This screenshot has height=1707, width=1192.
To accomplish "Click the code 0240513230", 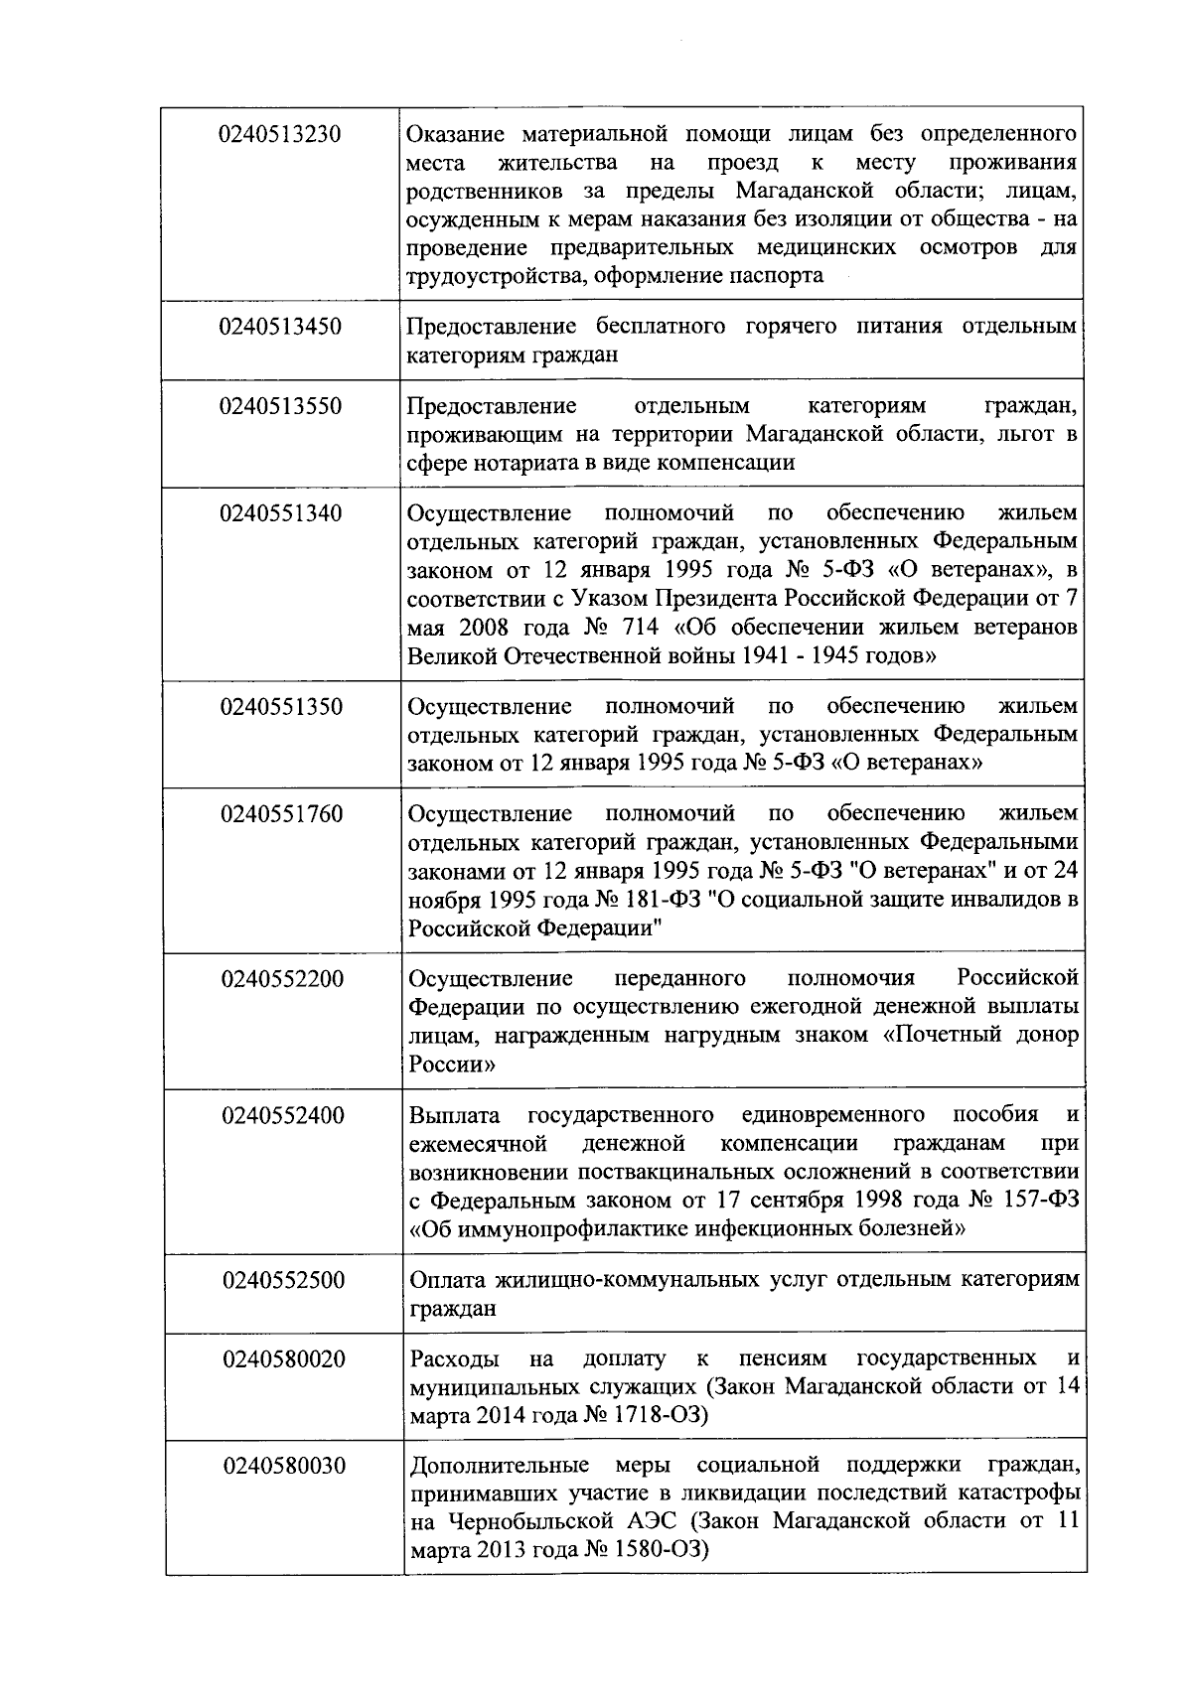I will [281, 134].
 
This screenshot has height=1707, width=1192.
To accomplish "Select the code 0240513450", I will [282, 327].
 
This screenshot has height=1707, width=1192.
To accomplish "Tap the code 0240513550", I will [282, 406].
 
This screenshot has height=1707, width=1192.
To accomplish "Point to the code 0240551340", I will [282, 513].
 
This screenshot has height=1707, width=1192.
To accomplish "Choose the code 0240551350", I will [282, 707].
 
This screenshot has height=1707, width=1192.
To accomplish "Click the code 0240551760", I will [282, 814].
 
